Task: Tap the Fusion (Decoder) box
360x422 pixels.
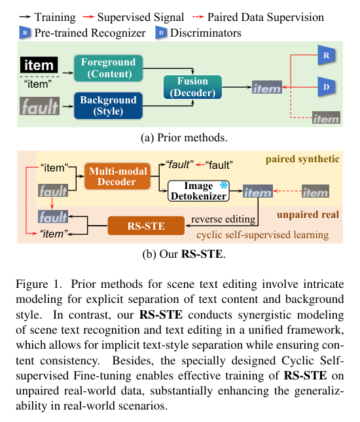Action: point(192,87)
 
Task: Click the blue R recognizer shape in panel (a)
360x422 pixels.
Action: point(324,58)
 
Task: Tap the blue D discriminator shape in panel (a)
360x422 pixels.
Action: point(324,86)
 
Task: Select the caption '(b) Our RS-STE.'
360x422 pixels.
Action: point(179,255)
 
